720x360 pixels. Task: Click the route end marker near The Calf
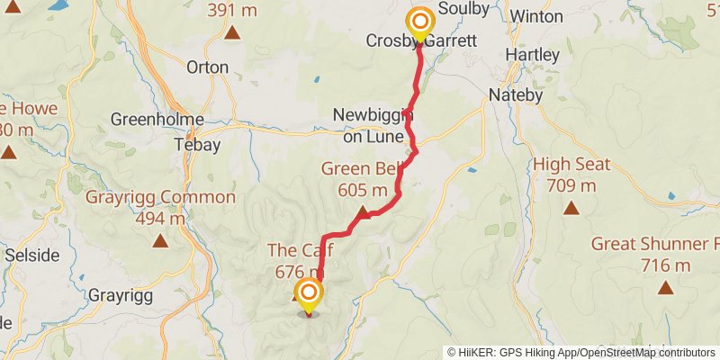[309, 294]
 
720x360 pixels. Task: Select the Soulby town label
[463, 10]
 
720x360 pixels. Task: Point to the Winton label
[535, 16]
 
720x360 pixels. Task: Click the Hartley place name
[532, 55]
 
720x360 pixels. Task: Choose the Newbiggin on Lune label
[373, 125]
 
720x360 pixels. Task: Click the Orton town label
[207, 67]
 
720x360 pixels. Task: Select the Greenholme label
[157, 120]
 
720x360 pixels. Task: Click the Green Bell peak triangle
[363, 212]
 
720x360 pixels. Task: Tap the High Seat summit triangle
[571, 209]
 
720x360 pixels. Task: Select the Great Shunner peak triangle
[665, 287]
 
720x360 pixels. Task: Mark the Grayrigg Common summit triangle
[160, 240]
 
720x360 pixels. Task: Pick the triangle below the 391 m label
[232, 33]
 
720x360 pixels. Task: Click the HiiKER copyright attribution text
[581, 353]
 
